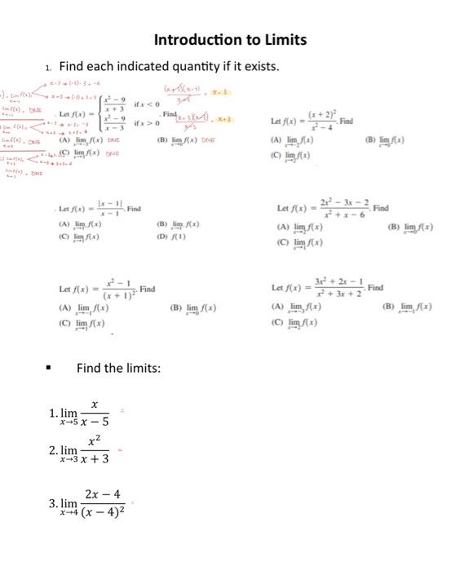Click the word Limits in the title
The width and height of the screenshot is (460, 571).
tap(279, 39)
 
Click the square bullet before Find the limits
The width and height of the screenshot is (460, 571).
tap(49, 368)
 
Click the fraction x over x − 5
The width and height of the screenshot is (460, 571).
tap(94, 413)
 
